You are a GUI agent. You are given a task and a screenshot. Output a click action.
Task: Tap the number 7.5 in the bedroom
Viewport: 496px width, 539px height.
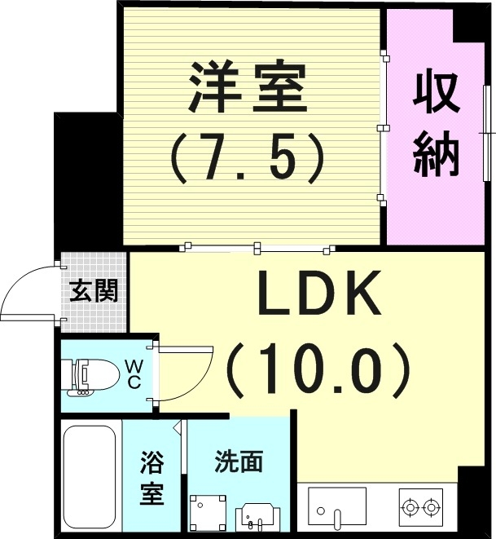click(248, 154)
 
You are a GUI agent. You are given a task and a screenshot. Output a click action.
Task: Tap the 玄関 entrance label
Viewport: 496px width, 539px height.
click(94, 290)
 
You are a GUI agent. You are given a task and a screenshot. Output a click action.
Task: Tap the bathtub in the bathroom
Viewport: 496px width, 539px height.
click(89, 478)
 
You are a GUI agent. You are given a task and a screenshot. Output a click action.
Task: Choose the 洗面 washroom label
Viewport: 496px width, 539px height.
click(239, 462)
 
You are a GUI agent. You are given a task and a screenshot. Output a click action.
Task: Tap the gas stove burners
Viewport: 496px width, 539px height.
click(420, 506)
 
